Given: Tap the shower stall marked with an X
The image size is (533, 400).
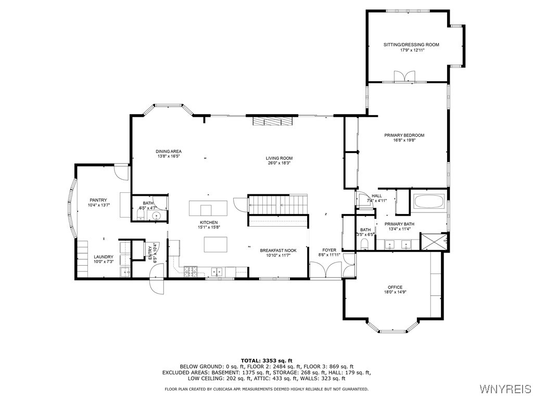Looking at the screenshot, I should click(432, 242).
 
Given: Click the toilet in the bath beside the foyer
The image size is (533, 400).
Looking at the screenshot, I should click(365, 244).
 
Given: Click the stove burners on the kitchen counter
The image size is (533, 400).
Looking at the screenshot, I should click(191, 270).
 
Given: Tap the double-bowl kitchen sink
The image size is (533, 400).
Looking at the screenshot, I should click(218, 270).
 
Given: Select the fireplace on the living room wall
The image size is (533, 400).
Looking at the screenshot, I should click(272, 121).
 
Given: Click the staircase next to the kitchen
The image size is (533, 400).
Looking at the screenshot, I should click(277, 204).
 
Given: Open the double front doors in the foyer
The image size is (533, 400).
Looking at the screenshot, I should click(326, 270).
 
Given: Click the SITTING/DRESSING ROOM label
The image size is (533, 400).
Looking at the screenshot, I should click(411, 45).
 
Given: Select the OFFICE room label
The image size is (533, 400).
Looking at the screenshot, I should click(395, 287).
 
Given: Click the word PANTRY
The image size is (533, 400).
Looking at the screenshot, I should click(98, 200).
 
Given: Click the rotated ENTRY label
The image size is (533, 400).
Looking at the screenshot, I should click(149, 253).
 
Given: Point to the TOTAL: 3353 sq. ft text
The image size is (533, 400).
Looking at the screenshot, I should click(266, 360).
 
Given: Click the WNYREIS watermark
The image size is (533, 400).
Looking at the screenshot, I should click(505, 389).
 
